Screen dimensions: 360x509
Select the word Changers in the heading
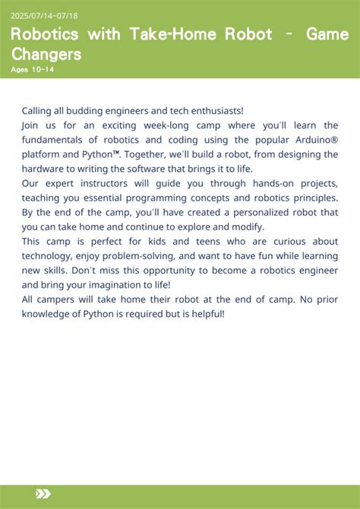[46, 54]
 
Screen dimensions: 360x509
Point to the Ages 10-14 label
[33, 70]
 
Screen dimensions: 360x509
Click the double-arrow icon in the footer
[43, 494]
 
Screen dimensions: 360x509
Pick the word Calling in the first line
[38, 111]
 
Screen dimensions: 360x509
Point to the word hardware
[44, 169]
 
